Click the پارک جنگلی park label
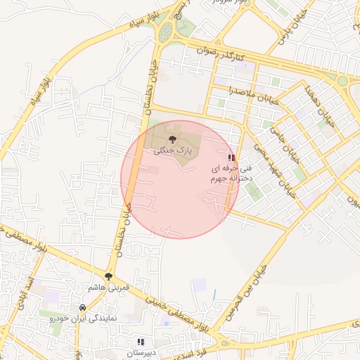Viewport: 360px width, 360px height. (x=173, y=150)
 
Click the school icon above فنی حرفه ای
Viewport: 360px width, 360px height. (x=231, y=158)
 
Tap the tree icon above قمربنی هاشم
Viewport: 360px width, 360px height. (x=108, y=277)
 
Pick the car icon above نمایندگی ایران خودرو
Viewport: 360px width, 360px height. (x=83, y=308)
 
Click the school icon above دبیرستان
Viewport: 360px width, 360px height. (x=141, y=342)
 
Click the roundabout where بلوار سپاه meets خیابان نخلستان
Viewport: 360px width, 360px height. (x=166, y=32)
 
